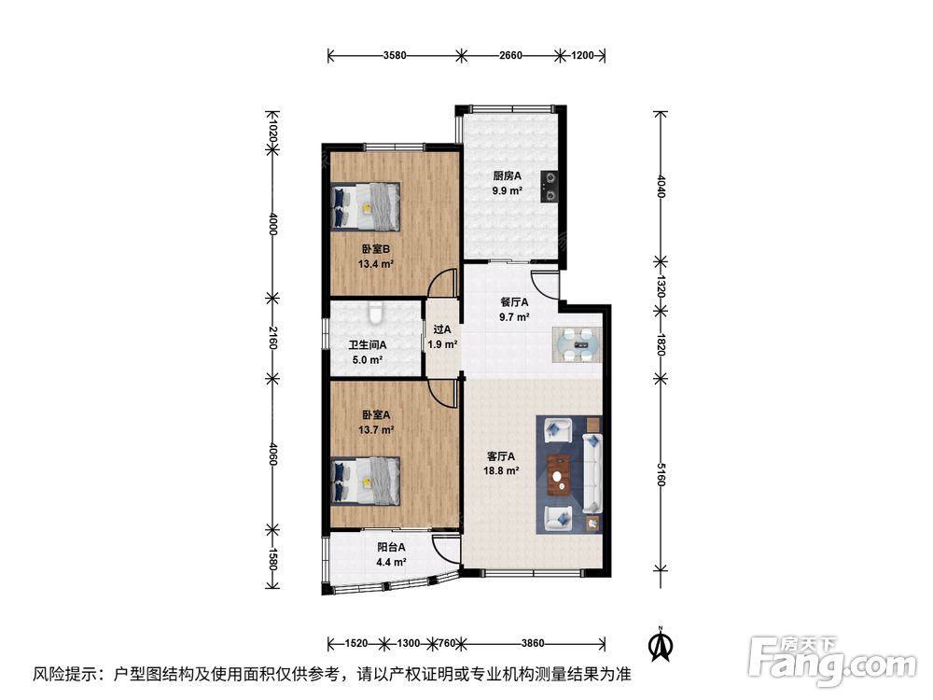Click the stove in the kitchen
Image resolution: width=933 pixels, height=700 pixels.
click(x=550, y=187)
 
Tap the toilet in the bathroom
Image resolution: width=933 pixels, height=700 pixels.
click(x=375, y=313)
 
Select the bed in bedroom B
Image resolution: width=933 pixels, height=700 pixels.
click(x=366, y=206)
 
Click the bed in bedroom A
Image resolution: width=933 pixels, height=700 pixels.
click(x=366, y=481)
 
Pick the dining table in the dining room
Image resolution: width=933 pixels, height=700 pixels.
click(x=578, y=344)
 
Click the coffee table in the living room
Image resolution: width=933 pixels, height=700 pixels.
click(x=559, y=474)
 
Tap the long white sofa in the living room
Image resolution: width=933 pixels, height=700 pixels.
click(x=592, y=473)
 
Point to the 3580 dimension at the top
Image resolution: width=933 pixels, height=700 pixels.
click(x=395, y=55)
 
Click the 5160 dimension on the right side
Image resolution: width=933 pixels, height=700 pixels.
click(x=661, y=474)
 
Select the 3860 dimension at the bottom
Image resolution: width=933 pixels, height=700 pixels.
click(x=533, y=643)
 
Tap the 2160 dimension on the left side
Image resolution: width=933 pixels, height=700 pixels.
click(x=272, y=338)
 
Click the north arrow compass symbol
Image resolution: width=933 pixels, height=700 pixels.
click(x=660, y=645)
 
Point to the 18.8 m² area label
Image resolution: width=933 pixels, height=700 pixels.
click(x=502, y=470)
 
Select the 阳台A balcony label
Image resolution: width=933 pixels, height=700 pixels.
click(x=391, y=546)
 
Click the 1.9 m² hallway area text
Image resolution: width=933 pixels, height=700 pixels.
click(x=442, y=344)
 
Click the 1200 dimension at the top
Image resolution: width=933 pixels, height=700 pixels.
click(x=582, y=55)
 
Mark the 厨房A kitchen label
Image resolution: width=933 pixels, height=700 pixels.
click(x=507, y=175)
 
